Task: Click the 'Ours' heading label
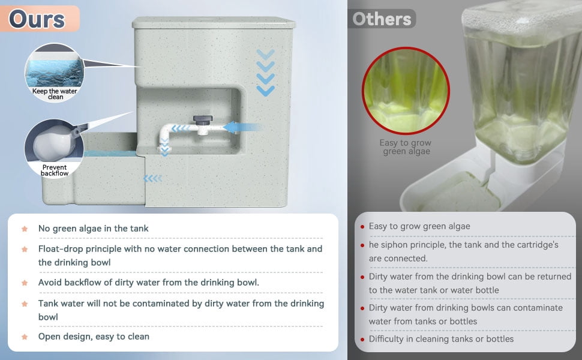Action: click(x=37, y=19)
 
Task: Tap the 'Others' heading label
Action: click(x=382, y=19)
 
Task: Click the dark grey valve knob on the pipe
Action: click(x=203, y=120)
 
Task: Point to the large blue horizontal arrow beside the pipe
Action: click(x=244, y=127)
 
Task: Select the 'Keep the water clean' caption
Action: click(x=55, y=94)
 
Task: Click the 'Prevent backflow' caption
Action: click(x=55, y=170)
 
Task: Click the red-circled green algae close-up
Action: click(x=406, y=91)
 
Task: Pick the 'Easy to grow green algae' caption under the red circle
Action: click(x=406, y=147)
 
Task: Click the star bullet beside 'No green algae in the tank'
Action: click(x=25, y=229)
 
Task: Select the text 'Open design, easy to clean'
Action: click(x=94, y=337)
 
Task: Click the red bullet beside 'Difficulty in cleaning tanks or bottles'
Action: click(x=362, y=339)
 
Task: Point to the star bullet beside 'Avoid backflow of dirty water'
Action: click(x=25, y=283)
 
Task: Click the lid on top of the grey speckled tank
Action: click(x=214, y=22)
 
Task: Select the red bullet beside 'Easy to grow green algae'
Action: click(x=362, y=226)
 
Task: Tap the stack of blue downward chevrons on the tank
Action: click(x=265, y=73)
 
